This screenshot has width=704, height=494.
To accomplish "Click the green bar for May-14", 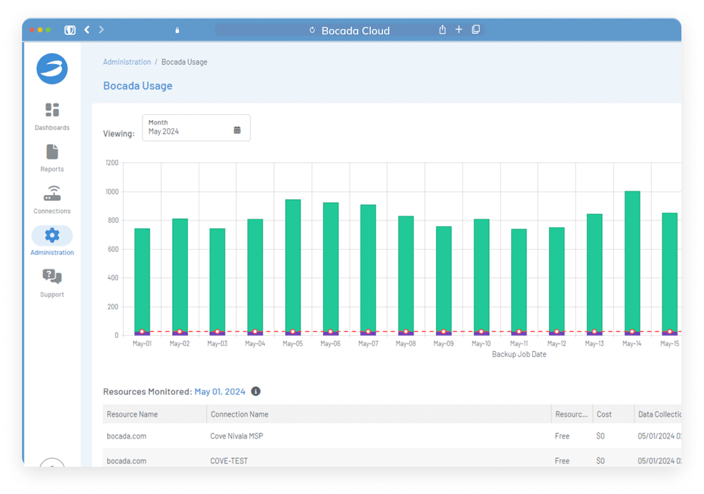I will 632,261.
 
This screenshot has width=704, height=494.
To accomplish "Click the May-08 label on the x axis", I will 406,344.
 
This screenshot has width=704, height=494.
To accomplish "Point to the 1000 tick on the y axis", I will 111,192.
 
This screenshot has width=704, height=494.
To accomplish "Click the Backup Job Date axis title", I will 519,354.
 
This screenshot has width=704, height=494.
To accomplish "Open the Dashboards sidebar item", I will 52,117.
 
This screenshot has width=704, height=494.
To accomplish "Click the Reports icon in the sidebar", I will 52,152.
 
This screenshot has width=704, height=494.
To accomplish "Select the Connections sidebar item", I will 52,200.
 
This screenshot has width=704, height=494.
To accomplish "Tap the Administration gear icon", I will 52,235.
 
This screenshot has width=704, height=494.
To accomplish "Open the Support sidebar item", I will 52,283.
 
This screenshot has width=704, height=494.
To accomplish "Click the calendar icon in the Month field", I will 237,130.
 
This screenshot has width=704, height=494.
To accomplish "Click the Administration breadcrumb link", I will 127,62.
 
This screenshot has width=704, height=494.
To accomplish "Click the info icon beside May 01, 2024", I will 256,391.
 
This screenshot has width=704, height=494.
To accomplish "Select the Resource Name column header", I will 132,415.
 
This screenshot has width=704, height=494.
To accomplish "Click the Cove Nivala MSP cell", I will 236,436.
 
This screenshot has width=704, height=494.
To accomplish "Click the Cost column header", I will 604,415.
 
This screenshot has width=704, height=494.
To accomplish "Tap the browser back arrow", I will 87,30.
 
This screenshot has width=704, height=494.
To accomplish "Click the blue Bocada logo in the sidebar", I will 52,69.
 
